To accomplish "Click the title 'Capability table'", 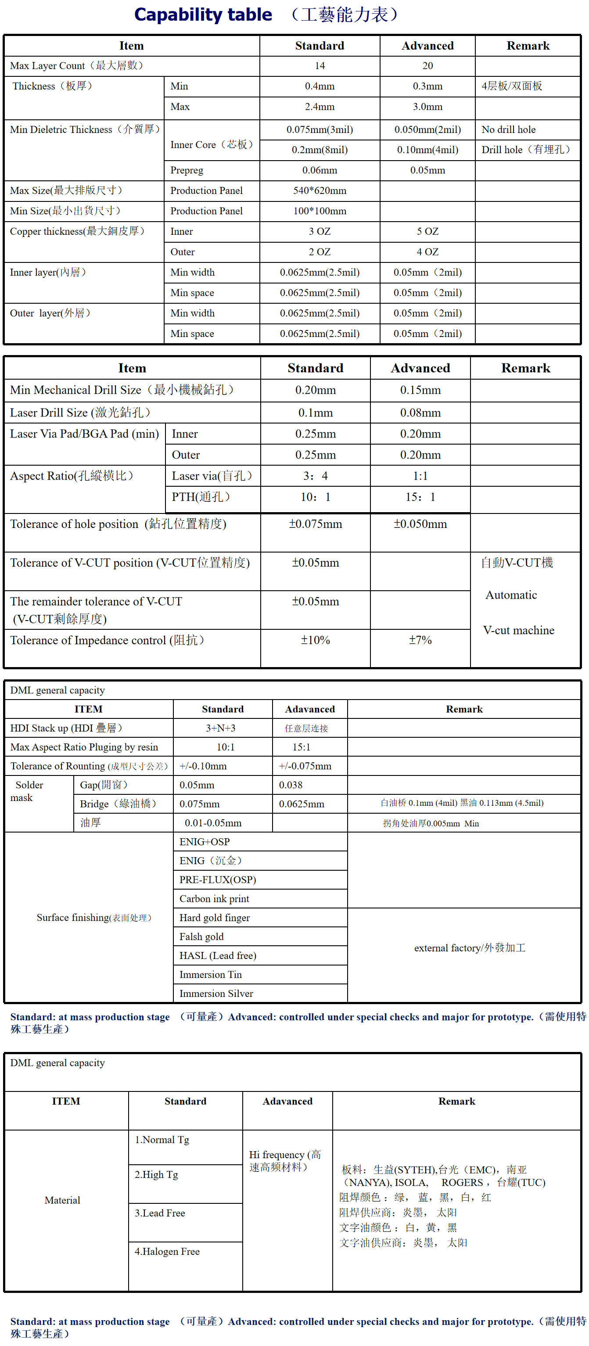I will click(x=203, y=14).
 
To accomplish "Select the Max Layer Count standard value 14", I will click(x=320, y=66).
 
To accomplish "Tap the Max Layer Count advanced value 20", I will click(x=427, y=66).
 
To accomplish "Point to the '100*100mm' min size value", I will click(x=320, y=211).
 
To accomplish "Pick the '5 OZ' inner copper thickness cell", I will click(x=427, y=231).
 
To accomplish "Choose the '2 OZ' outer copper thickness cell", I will click(x=320, y=252).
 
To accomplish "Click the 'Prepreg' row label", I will click(x=187, y=170).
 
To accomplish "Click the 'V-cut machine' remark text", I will click(x=518, y=630).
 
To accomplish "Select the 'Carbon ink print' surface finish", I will click(x=214, y=899).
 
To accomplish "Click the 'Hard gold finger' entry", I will click(x=214, y=918).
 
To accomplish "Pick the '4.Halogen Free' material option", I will click(x=167, y=1252).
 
